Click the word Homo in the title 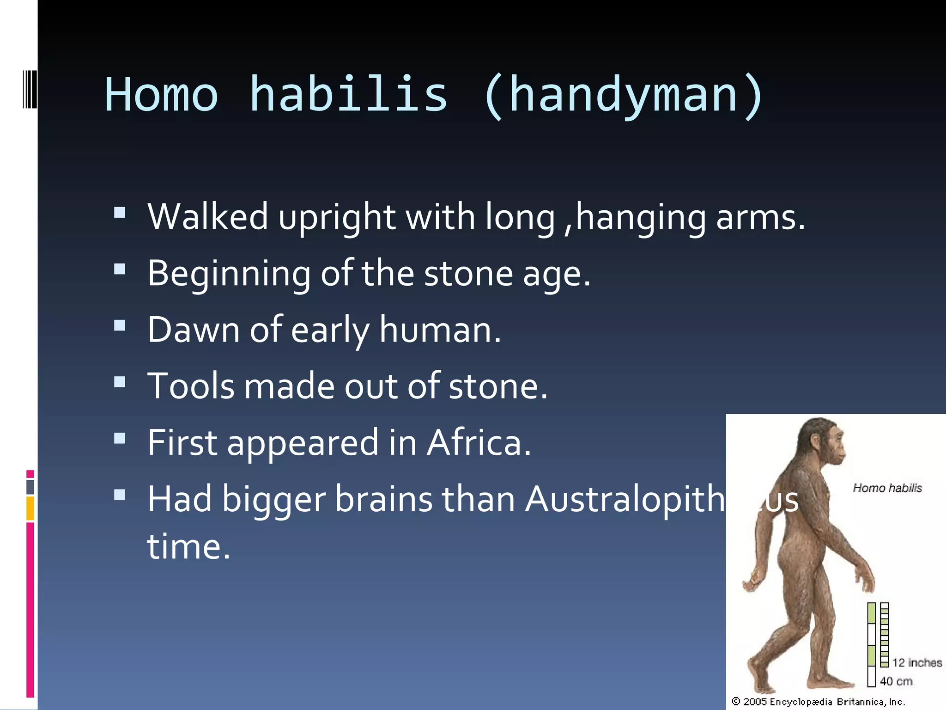(161, 95)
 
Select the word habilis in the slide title (348, 95)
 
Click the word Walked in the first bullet (207, 217)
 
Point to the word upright (337, 218)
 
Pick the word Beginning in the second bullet (229, 274)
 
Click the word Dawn (194, 330)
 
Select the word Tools (191, 386)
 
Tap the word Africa (479, 443)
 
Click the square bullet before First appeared (120, 438)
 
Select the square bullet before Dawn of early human (120, 325)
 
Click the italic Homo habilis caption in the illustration (887, 488)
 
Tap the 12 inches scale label (916, 662)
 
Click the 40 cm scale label (896, 681)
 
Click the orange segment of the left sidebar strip (30, 508)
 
